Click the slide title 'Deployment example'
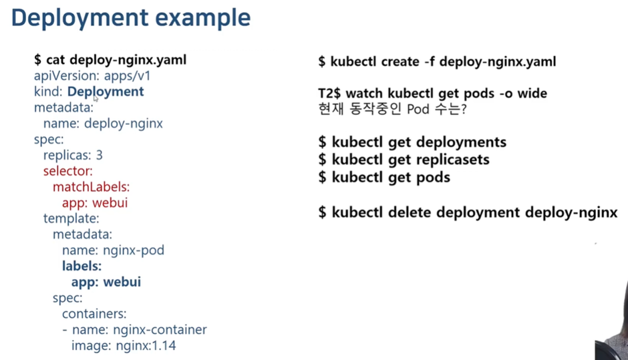pyautogui.click(x=131, y=17)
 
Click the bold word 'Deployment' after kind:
pyautogui.click(x=106, y=92)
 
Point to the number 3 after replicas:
pyautogui.click(x=100, y=155)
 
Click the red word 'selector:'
pyautogui.click(x=68, y=171)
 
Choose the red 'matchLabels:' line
pyautogui.click(x=91, y=187)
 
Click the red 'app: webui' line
pyautogui.click(x=95, y=202)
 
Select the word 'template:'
pyautogui.click(x=71, y=218)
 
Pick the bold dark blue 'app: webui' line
pyautogui.click(x=106, y=282)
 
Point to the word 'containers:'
pyautogui.click(x=94, y=314)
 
